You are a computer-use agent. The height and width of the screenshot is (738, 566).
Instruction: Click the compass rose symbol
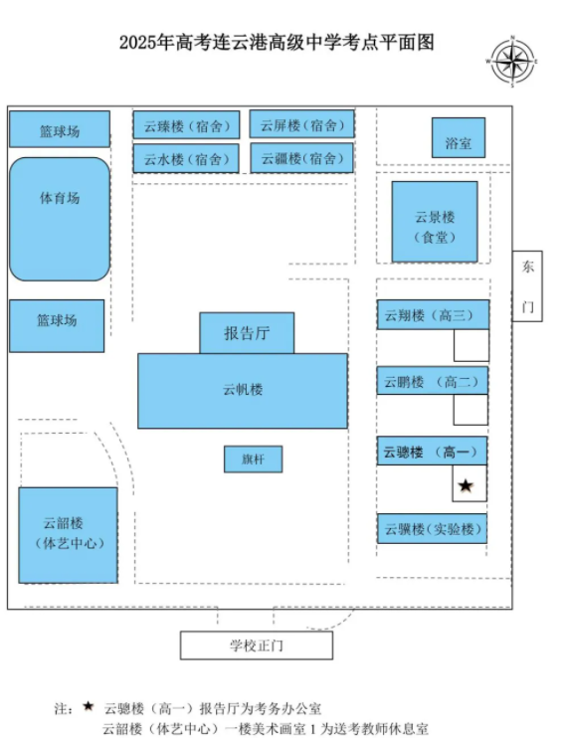coord(512,62)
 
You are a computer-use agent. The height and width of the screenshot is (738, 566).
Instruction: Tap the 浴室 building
coord(459,137)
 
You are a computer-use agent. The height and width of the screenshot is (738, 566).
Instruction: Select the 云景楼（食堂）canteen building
coord(435,221)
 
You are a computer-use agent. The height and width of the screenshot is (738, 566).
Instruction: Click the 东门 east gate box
coord(527,286)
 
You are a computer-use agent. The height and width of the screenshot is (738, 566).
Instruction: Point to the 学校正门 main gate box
coord(257,646)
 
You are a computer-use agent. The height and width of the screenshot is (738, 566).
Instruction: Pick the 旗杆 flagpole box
coord(254,459)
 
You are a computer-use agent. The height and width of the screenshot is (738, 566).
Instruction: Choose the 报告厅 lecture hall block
coord(248,333)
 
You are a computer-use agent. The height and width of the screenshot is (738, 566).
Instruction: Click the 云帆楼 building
coord(243,391)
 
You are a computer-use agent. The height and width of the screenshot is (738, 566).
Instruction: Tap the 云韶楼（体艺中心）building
coord(69,535)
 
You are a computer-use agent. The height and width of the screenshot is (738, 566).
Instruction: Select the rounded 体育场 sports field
coord(60,220)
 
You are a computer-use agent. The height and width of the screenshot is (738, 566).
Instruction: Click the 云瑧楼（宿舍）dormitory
coord(186,125)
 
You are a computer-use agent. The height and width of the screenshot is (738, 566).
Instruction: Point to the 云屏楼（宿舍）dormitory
coord(301,124)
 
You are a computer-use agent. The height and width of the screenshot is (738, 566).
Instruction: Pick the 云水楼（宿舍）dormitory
coord(186,158)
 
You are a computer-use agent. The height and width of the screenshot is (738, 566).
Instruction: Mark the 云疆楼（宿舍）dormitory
coord(301,158)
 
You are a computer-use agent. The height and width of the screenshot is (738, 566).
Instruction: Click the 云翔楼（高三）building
coord(434,314)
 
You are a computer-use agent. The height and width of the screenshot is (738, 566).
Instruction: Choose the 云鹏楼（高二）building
coord(433,381)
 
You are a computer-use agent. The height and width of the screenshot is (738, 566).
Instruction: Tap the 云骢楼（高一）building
coord(432,452)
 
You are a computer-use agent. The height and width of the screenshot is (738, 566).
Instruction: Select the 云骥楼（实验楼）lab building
coord(432,528)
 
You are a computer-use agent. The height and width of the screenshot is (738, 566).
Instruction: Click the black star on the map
coord(466,485)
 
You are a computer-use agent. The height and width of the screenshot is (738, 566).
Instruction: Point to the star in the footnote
coord(89,706)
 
